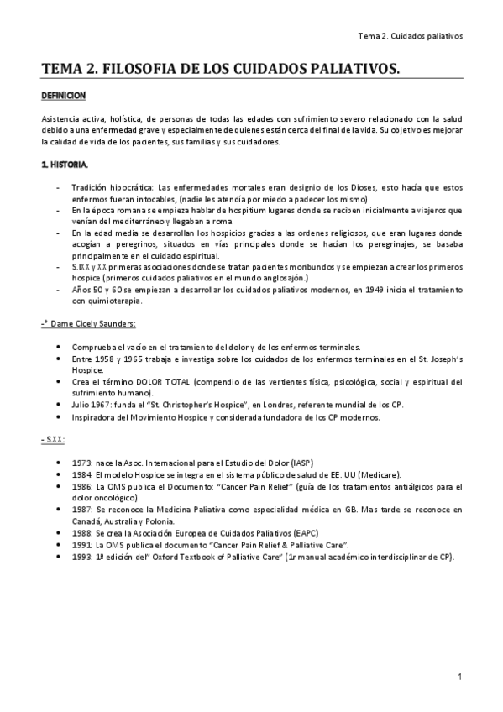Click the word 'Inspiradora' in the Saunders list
pos(97,416)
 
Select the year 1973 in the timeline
pos(82,463)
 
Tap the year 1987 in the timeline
pos(82,509)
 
